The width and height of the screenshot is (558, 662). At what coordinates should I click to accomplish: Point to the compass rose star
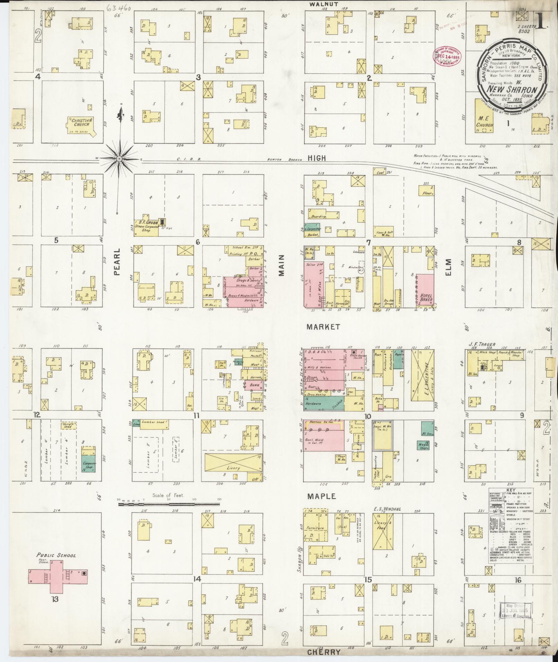point(119,158)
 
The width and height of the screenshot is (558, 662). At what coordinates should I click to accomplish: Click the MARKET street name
point(323,327)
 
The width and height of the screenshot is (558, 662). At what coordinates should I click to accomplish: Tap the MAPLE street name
point(322,496)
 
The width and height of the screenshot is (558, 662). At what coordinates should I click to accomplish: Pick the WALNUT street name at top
point(323,4)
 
